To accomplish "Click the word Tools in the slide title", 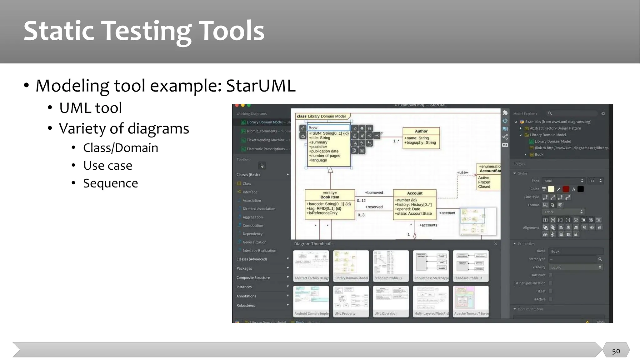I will (x=231, y=31).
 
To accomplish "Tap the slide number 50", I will (x=616, y=351).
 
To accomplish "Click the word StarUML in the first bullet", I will (x=261, y=86).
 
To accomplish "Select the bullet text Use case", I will (x=107, y=165).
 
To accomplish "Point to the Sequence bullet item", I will (x=110, y=183).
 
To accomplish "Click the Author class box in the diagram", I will (x=421, y=138).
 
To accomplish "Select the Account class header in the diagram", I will (x=415, y=193).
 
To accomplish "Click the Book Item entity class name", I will (x=330, y=197).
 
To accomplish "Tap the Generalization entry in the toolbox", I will (x=254, y=242).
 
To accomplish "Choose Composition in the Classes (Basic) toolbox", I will (x=252, y=225).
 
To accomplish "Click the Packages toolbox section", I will (x=244, y=268).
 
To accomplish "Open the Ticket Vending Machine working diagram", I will (x=265, y=140).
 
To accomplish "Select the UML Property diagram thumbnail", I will (x=351, y=301).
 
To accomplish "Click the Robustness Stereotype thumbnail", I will (x=431, y=266).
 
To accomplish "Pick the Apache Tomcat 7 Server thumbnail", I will (x=471, y=301).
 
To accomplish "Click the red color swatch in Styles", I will (x=566, y=189).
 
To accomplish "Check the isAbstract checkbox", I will (x=551, y=275).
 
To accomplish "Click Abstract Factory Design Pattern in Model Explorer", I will (x=555, y=128).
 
